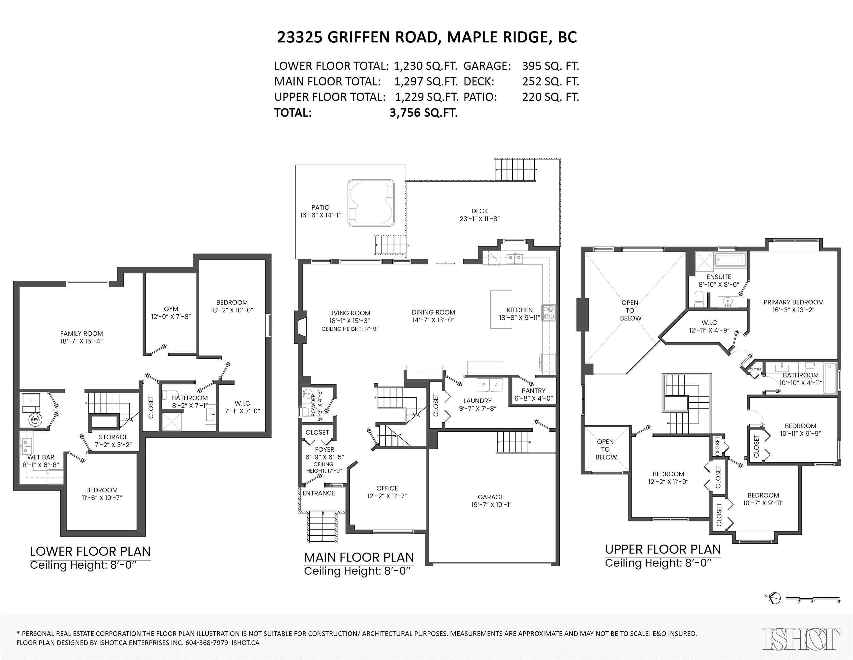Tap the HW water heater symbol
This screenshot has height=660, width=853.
point(35,420)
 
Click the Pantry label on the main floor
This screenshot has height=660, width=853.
point(534,391)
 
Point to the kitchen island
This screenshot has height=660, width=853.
point(501,309)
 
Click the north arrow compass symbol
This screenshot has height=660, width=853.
point(775,598)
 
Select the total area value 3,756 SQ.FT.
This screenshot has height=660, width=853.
point(423,113)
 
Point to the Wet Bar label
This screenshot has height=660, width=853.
point(41,457)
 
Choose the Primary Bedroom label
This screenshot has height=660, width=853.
point(794,302)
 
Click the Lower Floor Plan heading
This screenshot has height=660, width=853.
point(90,551)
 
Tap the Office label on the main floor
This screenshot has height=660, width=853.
point(387,488)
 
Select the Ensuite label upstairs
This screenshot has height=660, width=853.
point(719,277)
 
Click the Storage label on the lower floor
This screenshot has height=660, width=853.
point(113,437)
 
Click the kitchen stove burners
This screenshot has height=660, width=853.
point(549,313)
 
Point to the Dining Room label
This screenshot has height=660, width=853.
point(434,312)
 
